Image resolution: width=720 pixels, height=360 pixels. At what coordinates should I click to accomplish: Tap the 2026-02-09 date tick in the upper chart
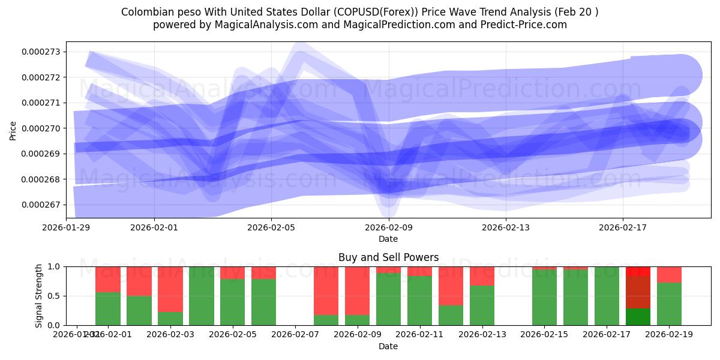click(x=389, y=227)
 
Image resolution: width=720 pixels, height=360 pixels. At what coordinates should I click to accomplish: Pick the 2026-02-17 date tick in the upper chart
click(x=623, y=227)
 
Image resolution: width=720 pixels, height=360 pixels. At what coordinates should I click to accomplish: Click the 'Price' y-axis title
click(x=13, y=130)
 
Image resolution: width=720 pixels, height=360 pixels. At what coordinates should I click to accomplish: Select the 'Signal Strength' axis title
click(x=39, y=296)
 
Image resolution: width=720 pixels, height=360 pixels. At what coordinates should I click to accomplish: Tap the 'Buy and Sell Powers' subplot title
click(x=388, y=257)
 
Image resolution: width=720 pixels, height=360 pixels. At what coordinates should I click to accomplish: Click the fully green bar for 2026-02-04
click(x=201, y=296)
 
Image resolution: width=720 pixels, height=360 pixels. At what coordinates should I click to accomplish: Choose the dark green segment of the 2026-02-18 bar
click(x=638, y=317)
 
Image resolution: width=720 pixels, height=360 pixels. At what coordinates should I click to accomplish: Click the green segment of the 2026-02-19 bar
click(x=669, y=304)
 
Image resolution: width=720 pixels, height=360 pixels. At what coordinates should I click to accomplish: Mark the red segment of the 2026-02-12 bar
click(x=451, y=286)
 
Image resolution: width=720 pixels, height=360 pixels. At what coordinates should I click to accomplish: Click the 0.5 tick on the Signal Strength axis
click(x=54, y=296)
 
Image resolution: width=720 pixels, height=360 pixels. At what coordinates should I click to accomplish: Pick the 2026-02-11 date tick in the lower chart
click(x=419, y=334)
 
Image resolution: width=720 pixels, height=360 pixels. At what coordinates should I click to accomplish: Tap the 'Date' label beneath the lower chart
click(x=388, y=346)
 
